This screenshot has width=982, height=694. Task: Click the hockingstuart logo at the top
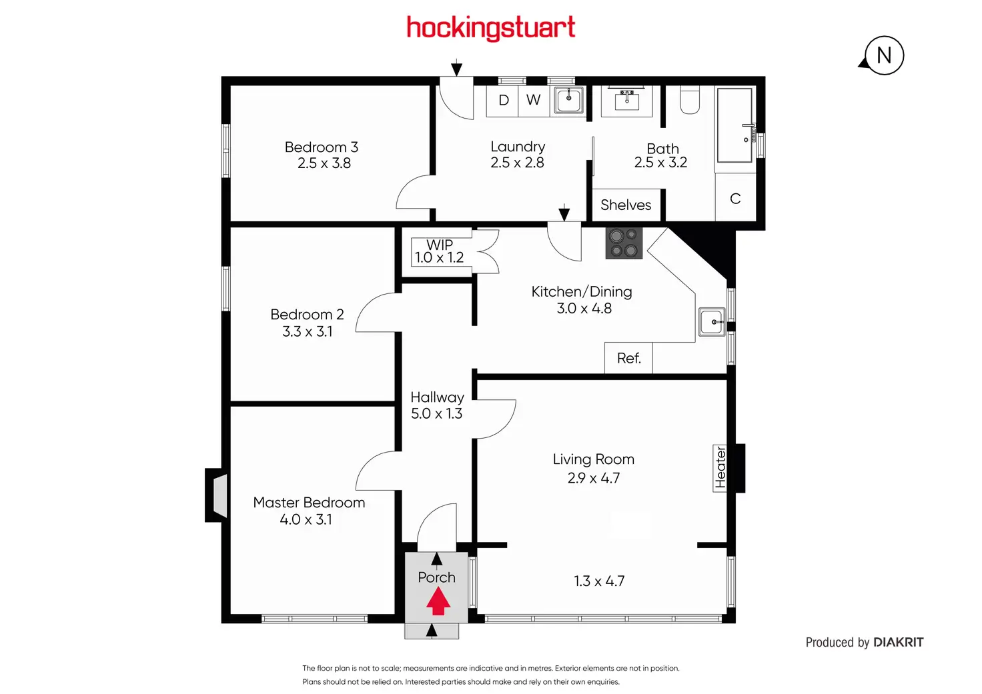click(x=490, y=28)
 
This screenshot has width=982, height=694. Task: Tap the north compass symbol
click(x=883, y=55)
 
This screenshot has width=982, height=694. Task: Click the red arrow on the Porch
click(x=438, y=602)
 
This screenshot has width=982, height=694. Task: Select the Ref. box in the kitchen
click(x=628, y=358)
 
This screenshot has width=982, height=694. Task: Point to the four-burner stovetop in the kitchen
click(x=624, y=243)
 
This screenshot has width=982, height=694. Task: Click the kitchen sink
click(x=712, y=323)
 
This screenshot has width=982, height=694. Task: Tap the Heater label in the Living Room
click(x=720, y=468)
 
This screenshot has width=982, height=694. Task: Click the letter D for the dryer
click(x=504, y=100)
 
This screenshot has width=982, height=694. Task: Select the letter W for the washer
click(x=533, y=100)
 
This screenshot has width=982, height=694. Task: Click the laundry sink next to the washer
click(x=569, y=101)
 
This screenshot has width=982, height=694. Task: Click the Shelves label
click(x=626, y=205)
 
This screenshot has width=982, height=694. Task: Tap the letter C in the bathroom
click(x=735, y=199)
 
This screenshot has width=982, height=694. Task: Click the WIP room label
click(x=440, y=245)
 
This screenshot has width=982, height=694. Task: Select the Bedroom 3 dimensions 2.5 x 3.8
click(x=324, y=163)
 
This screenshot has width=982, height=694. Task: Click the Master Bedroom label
click(x=309, y=502)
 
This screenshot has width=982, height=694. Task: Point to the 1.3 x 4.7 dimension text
click(x=599, y=581)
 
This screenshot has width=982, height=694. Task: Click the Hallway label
click(x=437, y=397)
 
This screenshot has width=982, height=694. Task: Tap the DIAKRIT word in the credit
click(x=898, y=642)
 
